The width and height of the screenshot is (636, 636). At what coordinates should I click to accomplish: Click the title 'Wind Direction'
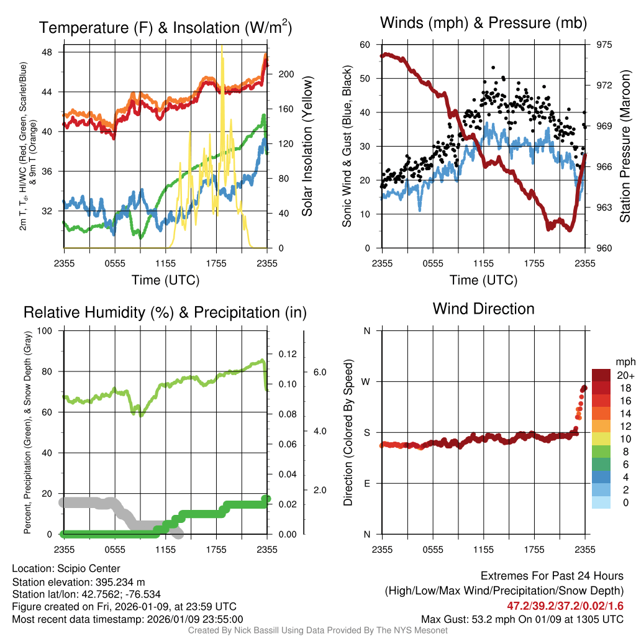click(x=483, y=309)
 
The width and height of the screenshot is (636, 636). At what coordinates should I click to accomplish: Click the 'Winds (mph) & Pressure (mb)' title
click(x=483, y=24)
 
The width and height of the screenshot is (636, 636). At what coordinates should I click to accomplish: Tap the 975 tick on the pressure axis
click(x=604, y=45)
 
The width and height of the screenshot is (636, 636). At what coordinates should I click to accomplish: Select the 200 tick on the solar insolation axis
click(x=285, y=74)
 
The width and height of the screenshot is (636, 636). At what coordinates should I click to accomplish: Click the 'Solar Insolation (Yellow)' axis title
click(x=307, y=147)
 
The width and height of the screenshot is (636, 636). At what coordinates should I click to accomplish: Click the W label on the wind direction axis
click(x=366, y=381)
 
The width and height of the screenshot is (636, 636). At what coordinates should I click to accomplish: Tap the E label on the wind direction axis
click(x=366, y=483)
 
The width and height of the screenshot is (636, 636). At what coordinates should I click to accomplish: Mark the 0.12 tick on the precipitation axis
click(x=288, y=354)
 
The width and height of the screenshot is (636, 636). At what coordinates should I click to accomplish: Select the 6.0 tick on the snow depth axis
click(x=319, y=372)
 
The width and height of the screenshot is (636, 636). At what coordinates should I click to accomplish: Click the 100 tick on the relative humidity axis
click(x=45, y=331)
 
